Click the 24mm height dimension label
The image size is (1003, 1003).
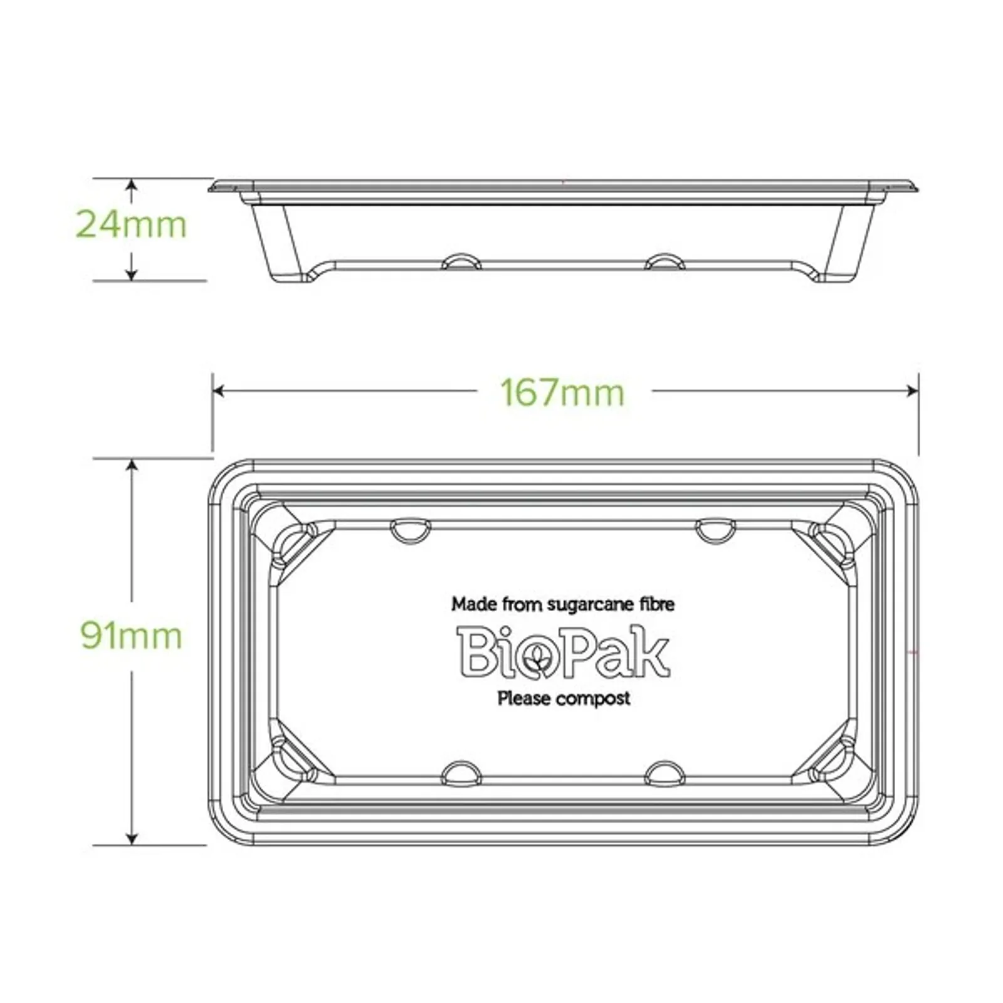pos(131,224)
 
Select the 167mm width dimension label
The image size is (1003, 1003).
pos(562,393)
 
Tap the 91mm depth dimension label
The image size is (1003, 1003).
pos(131,636)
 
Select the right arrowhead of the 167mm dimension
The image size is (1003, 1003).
pos(913,391)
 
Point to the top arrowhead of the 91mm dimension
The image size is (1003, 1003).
pos(132,465)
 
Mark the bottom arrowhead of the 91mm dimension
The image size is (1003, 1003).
pos(132,838)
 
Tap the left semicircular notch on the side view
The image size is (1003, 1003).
pos(461,261)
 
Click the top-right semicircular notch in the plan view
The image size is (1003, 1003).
pos(716,529)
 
